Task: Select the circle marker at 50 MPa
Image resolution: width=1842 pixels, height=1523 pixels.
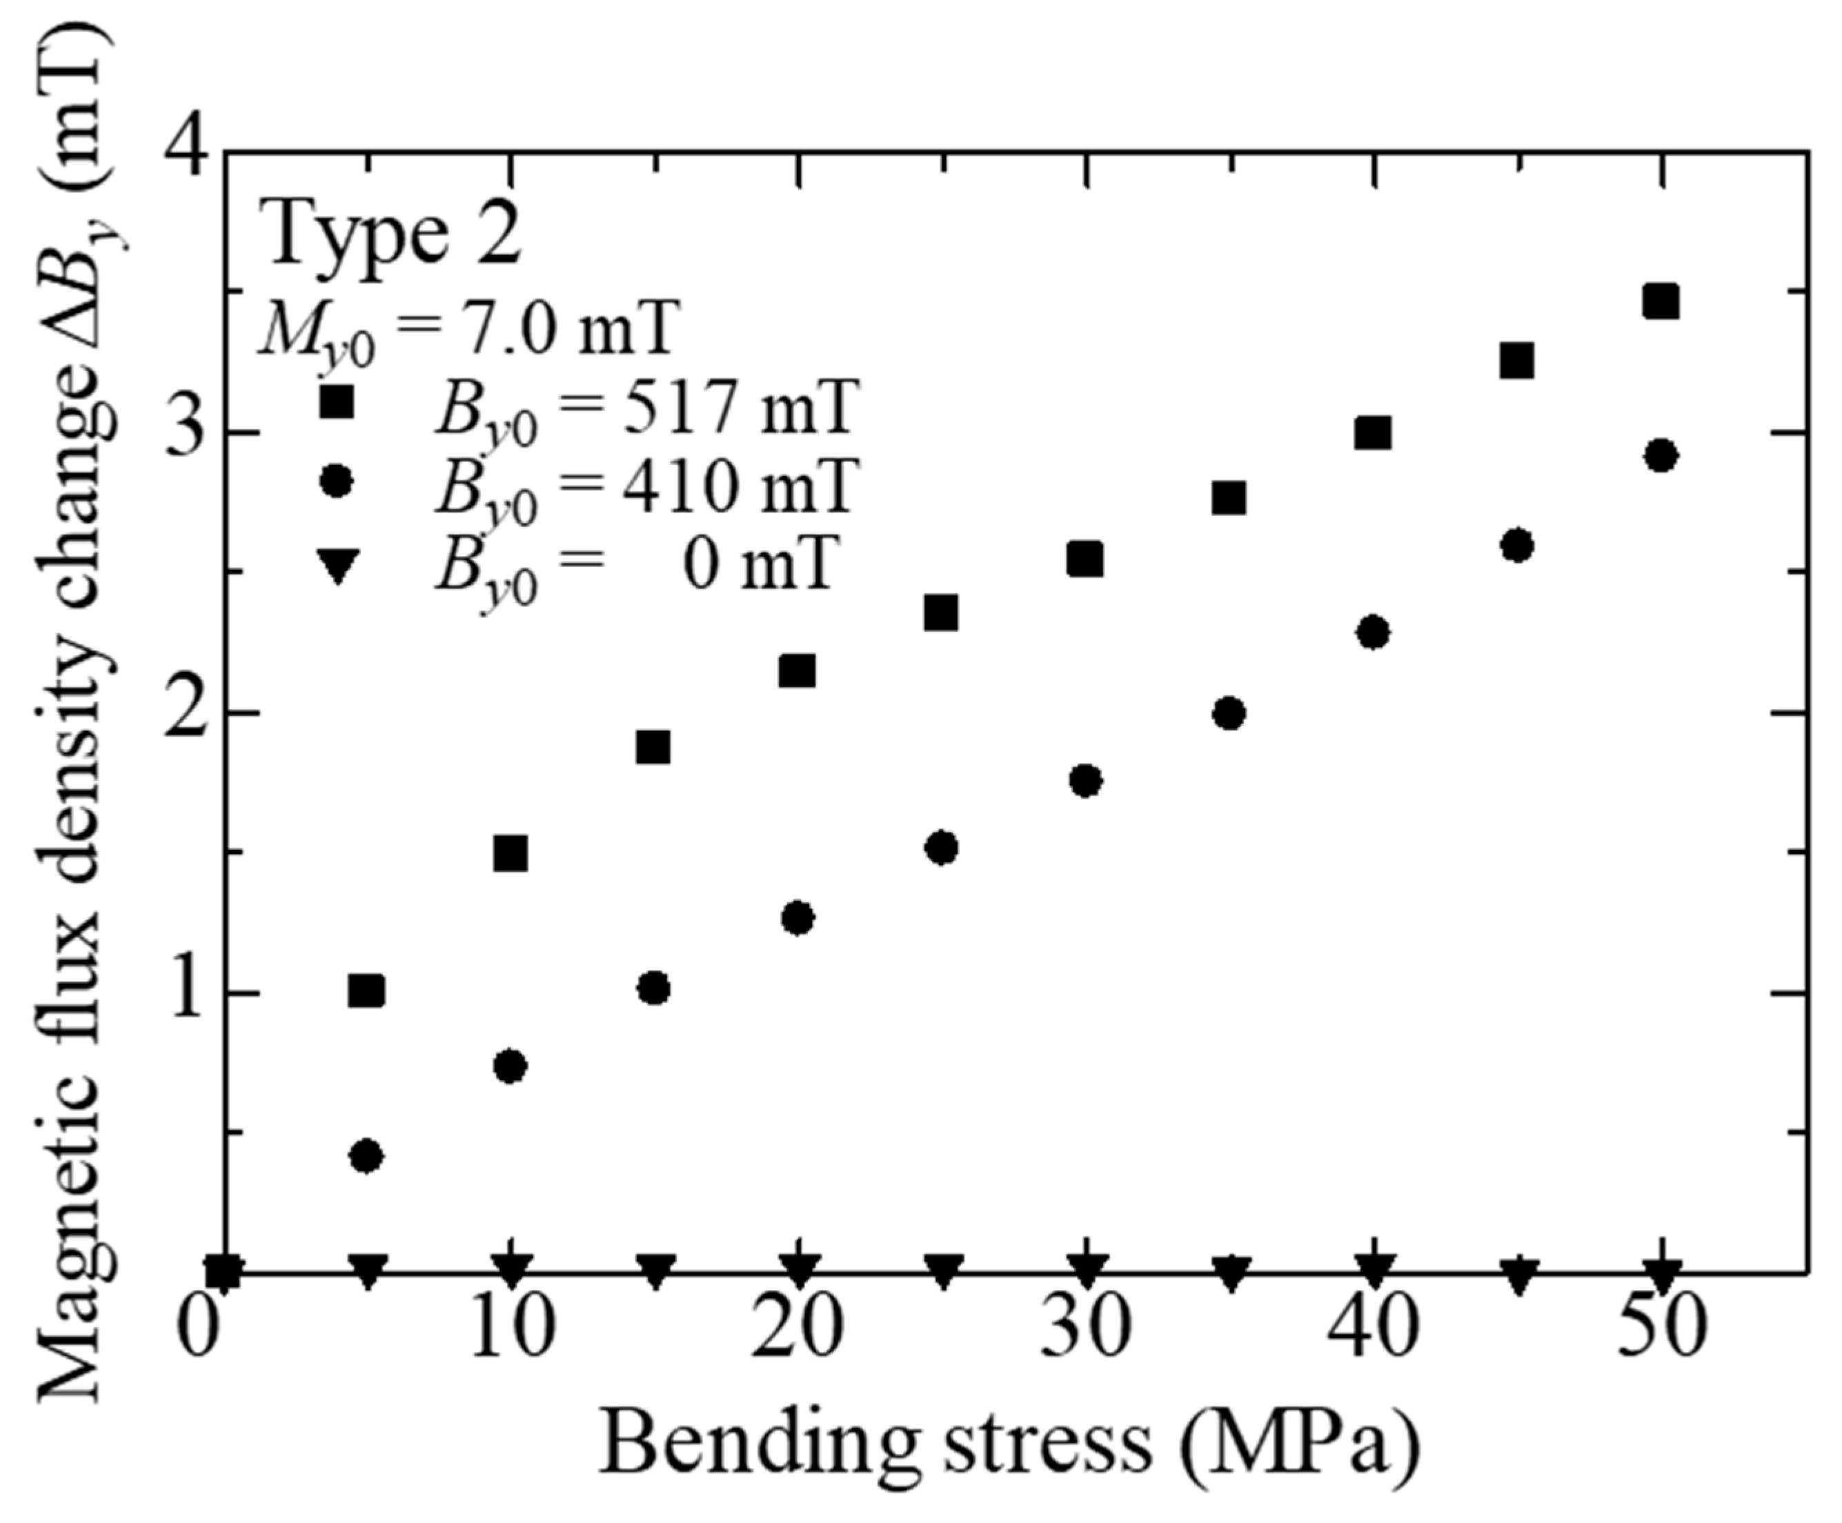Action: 1661,456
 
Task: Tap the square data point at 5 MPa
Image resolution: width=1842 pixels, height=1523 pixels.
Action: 366,991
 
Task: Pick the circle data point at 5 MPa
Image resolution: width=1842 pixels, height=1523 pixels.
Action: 366,1157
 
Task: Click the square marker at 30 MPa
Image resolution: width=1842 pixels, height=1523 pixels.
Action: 1085,559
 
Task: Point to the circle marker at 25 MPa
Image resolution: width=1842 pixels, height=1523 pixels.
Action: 941,848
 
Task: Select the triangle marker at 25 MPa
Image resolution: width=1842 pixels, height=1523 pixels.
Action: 941,1271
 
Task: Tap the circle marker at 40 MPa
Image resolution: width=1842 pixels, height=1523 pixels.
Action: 1374,633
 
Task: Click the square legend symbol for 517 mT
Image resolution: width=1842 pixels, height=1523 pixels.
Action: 336,404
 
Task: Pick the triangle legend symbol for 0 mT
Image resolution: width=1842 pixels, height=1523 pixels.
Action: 336,561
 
